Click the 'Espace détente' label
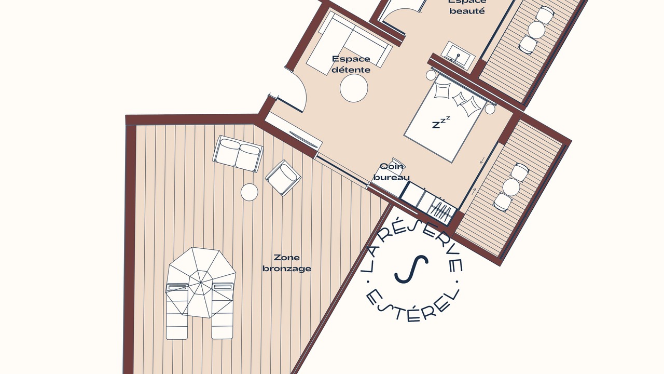pos(351,64)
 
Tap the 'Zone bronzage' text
pos(287,263)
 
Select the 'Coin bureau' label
pos(392,172)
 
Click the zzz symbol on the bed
pos(441,122)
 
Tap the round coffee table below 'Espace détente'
pos(354,88)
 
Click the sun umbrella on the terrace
pos(200,283)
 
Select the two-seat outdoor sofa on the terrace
pos(238,153)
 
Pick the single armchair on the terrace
pos(283,178)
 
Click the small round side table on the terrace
pos(250,192)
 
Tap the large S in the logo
pos(411,269)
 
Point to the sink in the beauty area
pos(458,56)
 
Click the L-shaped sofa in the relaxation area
pos(349,43)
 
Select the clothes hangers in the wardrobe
pos(441,211)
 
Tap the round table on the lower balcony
pos(511,187)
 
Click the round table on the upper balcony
pos(536,30)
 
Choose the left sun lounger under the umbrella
pos(177,311)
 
